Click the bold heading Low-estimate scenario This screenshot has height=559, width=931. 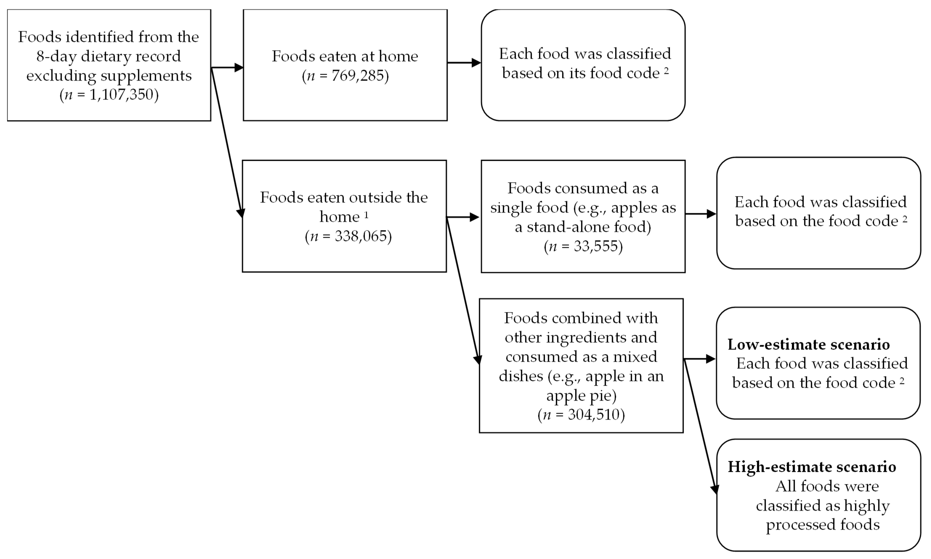point(809,344)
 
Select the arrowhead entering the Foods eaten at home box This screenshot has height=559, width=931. point(239,68)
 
